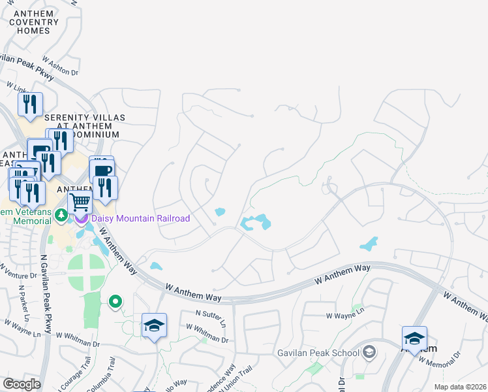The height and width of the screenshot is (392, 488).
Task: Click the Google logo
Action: (x=22, y=384)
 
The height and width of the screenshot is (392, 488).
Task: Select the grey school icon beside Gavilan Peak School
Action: (x=369, y=353)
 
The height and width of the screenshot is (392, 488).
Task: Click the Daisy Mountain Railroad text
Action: (x=140, y=218)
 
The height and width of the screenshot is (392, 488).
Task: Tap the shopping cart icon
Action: (x=79, y=202)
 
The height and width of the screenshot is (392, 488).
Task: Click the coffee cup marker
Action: (x=102, y=170)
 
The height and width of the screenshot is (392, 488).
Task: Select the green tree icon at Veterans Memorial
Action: (x=61, y=214)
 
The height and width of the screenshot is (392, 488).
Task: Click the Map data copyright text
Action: (x=460, y=387)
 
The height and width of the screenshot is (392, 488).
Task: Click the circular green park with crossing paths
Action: (x=86, y=272)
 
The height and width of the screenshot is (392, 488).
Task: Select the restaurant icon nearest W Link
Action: (x=30, y=105)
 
